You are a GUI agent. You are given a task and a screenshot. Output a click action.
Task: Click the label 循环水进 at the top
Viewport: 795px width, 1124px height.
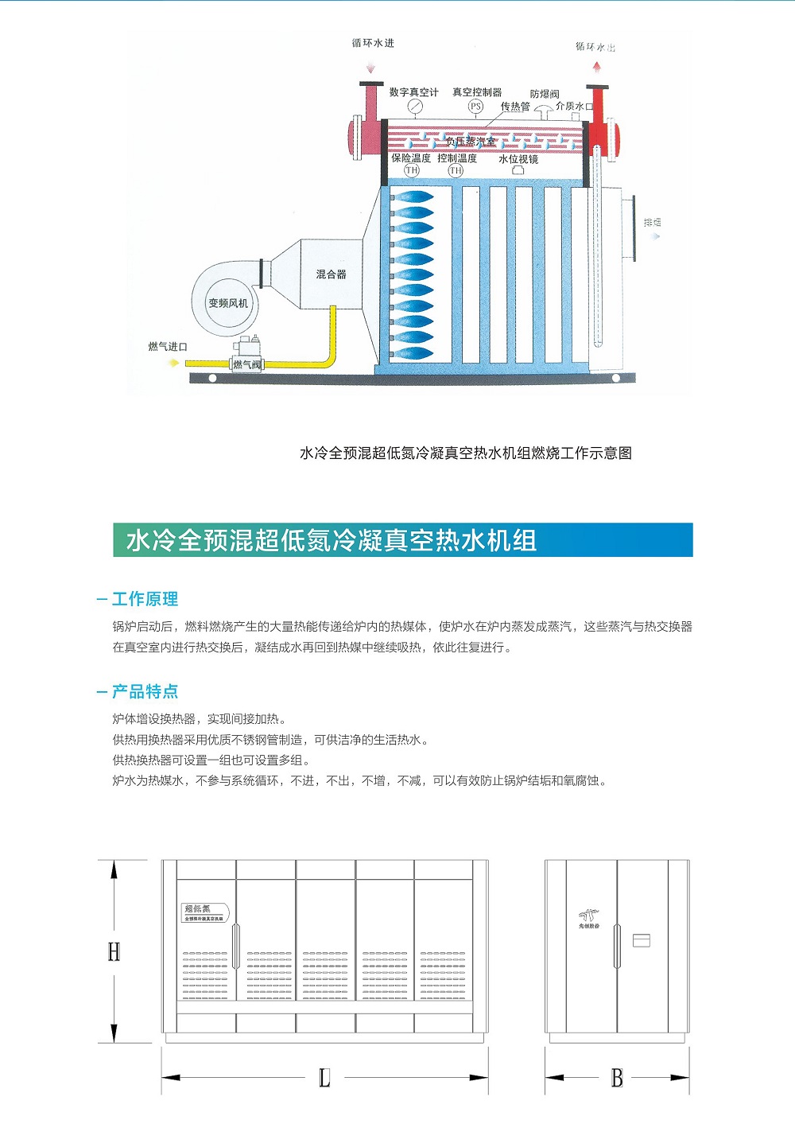(x=373, y=43)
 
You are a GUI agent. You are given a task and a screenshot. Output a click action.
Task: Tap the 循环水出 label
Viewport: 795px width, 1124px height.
(x=595, y=47)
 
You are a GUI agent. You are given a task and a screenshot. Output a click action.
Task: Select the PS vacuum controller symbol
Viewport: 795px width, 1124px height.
(x=475, y=106)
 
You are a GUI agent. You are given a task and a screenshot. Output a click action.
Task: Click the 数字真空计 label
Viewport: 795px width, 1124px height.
(x=413, y=92)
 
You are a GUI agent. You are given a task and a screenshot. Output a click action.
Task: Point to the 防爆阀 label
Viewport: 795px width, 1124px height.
(x=545, y=94)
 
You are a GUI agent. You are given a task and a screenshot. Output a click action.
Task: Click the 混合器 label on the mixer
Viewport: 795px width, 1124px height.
(x=331, y=274)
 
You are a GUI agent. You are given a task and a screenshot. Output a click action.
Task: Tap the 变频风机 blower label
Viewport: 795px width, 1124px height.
(x=228, y=303)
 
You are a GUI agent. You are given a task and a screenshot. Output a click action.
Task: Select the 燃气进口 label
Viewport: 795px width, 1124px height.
(x=168, y=347)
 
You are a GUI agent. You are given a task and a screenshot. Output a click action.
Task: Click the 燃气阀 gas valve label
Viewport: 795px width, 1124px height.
(x=246, y=364)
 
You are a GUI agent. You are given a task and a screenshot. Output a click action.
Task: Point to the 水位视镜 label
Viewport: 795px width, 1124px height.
(x=518, y=159)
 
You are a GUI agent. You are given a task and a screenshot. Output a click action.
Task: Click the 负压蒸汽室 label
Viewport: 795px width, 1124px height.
(x=471, y=142)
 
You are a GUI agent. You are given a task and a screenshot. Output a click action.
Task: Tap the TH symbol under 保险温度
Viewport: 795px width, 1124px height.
(x=411, y=170)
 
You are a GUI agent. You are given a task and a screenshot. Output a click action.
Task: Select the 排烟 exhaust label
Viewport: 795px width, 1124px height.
(x=653, y=223)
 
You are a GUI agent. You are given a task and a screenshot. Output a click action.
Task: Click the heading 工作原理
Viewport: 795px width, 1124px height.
(x=145, y=599)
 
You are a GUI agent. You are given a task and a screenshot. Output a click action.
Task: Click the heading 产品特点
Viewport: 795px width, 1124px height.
(x=145, y=691)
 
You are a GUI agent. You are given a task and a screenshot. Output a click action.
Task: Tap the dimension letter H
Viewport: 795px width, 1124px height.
(x=114, y=951)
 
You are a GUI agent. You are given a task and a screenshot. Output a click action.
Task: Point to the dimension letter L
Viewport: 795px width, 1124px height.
(x=324, y=1079)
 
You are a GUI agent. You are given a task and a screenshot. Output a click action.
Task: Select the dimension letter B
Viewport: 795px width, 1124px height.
(x=617, y=1079)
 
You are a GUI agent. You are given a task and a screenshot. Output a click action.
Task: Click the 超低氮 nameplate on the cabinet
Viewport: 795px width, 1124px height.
(x=205, y=912)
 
